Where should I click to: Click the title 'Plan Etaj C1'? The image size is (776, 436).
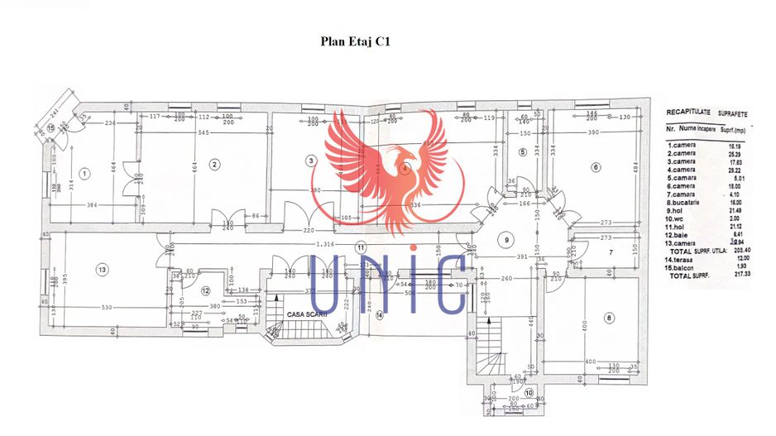[354, 40]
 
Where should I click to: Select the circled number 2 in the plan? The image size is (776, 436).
[213, 164]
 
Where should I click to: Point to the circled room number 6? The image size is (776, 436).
[595, 166]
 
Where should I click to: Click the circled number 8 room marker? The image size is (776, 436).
[608, 318]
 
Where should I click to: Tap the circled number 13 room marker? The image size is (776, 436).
[102, 269]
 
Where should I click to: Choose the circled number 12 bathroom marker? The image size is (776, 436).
[205, 290]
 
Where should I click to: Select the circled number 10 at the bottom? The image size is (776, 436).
[528, 391]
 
